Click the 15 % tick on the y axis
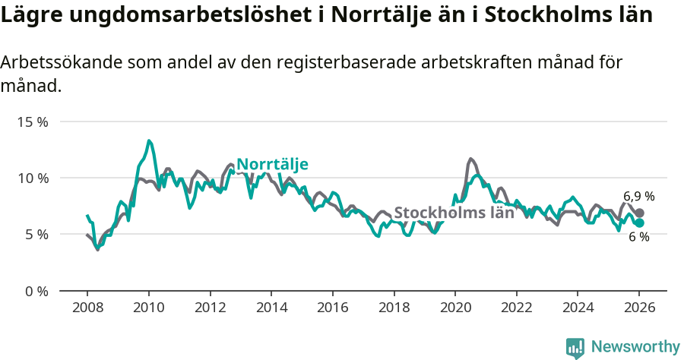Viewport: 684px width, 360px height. (32, 122)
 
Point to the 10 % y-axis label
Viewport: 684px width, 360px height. (32, 178)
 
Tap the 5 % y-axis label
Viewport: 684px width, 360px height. (35, 235)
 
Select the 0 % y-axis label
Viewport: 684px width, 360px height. (35, 291)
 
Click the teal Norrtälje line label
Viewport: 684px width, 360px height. (272, 165)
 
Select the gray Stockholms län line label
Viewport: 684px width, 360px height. (454, 213)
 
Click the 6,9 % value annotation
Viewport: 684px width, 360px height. (638, 196)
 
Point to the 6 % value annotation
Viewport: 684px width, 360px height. (638, 237)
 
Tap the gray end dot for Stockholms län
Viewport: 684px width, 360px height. (639, 213)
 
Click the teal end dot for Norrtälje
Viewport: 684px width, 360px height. (639, 223)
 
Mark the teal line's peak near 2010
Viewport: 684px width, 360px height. (149, 141)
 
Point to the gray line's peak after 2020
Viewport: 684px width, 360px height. (471, 159)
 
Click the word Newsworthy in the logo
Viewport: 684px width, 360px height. (635, 347)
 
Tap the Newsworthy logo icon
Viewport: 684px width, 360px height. (575, 348)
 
